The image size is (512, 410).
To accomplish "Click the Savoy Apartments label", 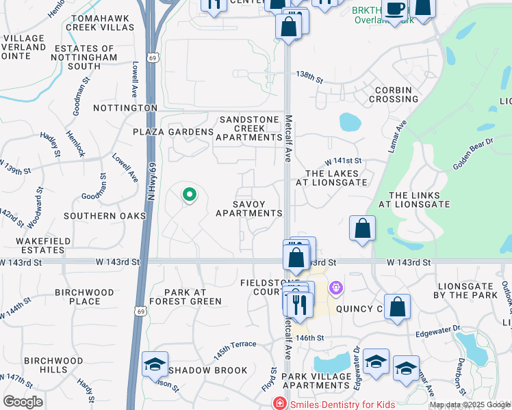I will click(248, 208).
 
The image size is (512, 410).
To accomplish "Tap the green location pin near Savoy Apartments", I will click(190, 195).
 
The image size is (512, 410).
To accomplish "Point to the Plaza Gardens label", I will click(173, 132).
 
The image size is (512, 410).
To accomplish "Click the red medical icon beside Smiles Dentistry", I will click(279, 404).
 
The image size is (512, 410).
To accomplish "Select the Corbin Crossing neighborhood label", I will click(394, 94).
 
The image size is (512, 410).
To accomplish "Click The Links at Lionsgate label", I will click(419, 200).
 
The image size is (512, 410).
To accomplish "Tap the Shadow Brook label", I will click(207, 370).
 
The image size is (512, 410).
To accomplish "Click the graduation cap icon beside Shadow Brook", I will click(155, 364).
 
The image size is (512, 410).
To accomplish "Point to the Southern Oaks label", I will click(105, 216).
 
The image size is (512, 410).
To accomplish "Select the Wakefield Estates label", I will click(32, 245).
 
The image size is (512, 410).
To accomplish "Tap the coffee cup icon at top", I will click(395, 9).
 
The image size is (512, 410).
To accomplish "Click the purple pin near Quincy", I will click(335, 288).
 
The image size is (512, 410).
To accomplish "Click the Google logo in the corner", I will click(23, 401).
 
